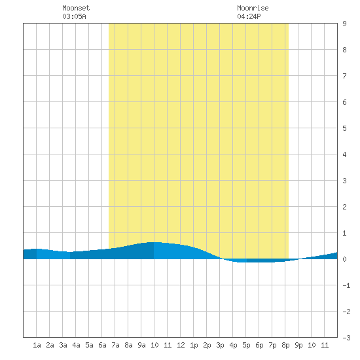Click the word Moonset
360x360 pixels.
pyautogui.click(x=76, y=8)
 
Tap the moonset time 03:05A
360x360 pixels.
pyautogui.click(x=74, y=16)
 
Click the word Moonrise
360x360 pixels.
pyautogui.click(x=253, y=8)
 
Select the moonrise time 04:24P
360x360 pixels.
pyautogui.click(x=249, y=16)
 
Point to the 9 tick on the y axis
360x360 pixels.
pyautogui.click(x=344, y=24)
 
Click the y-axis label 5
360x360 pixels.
pyautogui.click(x=344, y=128)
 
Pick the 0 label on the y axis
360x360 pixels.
pyautogui.click(x=344, y=259)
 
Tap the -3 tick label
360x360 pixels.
pyautogui.click(x=346, y=338)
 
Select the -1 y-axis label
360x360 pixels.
pyautogui.click(x=346, y=285)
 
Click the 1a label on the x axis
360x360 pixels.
pyautogui.click(x=37, y=345)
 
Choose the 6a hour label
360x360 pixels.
pyautogui.click(x=102, y=345)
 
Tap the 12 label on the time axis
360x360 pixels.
pyautogui.click(x=181, y=345)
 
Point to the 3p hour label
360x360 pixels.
pyautogui.click(x=220, y=345)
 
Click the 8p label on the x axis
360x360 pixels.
pyautogui.click(x=285, y=345)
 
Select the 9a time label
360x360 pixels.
pyautogui.click(x=141, y=345)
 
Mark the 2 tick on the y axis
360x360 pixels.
pyautogui.click(x=344, y=207)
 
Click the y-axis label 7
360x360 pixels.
pyautogui.click(x=344, y=76)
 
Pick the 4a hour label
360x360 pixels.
pyautogui.click(x=76, y=345)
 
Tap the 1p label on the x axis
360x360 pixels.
pyautogui.click(x=194, y=345)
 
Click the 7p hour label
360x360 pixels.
pyautogui.click(x=272, y=345)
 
